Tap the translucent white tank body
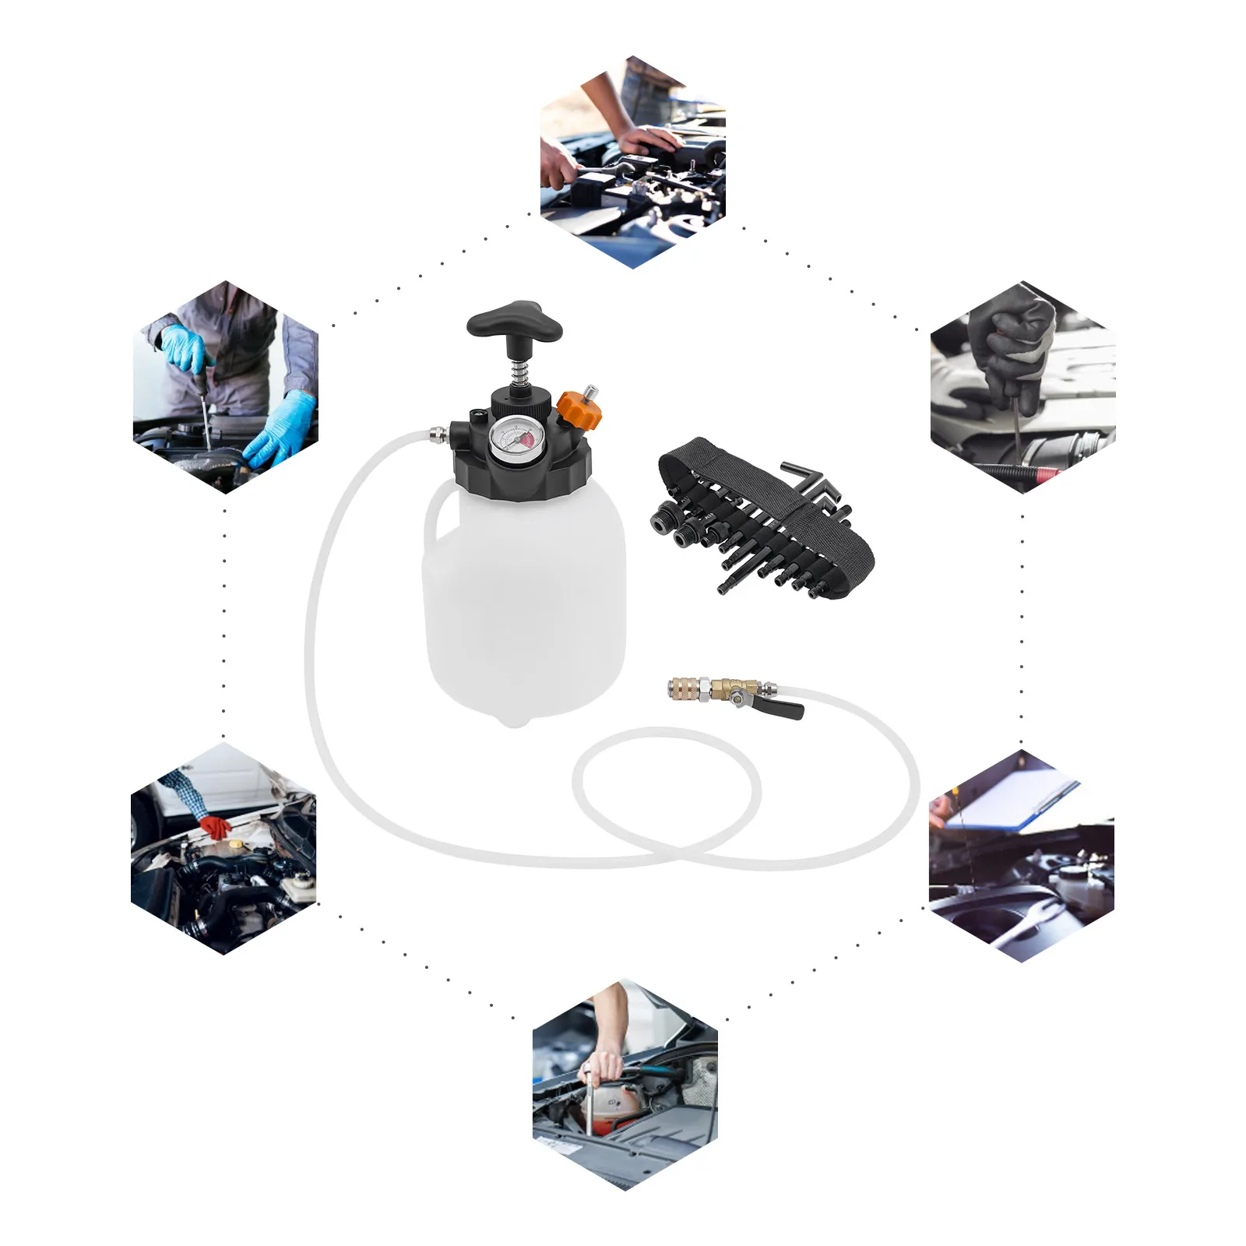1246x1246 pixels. point(530,600)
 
